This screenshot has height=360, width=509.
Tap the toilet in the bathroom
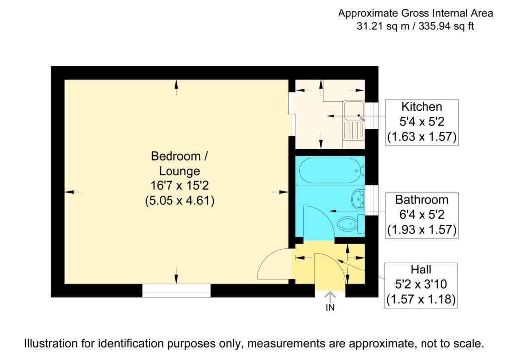349,224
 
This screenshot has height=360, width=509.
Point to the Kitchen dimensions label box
422,122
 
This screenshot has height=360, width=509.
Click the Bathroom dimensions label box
422,215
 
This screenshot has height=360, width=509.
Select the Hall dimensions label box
421,285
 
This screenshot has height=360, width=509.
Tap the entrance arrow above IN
330,296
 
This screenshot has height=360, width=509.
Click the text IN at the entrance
330,308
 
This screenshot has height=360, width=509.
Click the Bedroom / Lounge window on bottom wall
176,290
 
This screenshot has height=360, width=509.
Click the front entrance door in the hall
328,271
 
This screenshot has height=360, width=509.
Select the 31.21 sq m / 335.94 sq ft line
415,26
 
